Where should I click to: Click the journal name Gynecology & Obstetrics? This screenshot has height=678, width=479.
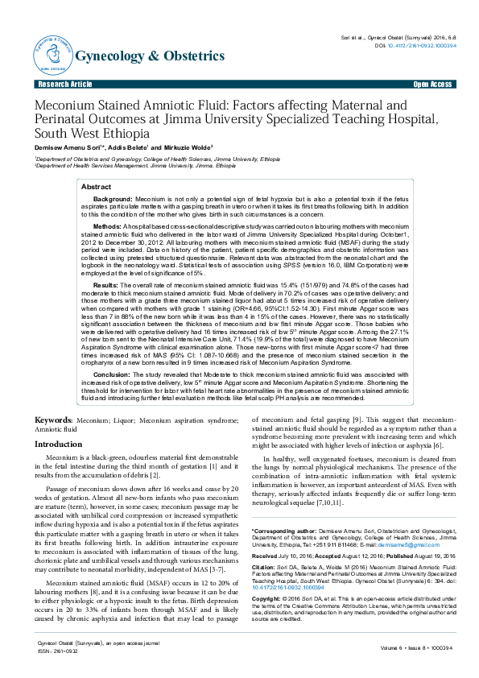coord(150,56)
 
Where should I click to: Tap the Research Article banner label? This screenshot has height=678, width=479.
coord(65,84)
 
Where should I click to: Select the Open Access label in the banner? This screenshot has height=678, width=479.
coord(432,84)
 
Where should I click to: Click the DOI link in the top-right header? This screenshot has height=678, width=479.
coord(419,46)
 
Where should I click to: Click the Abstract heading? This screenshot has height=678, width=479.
coord(97,186)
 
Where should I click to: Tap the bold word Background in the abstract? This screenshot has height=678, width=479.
coord(112,198)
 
